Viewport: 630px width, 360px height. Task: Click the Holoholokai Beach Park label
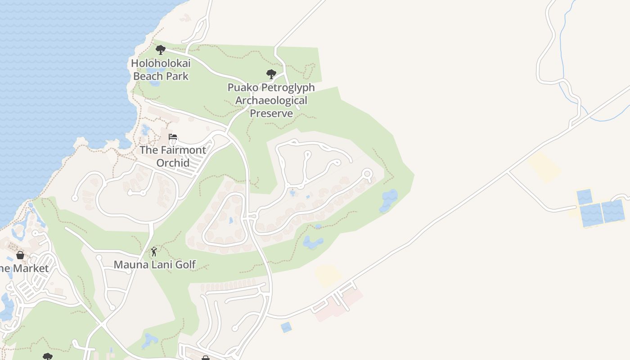point(161,70)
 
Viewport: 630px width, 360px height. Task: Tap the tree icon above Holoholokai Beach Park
point(160,50)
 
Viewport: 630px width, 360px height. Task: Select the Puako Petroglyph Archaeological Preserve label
point(271,100)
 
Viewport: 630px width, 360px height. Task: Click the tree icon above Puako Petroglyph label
point(271,74)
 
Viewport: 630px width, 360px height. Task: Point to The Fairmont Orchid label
point(173,156)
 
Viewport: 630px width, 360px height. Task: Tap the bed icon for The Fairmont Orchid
point(173,137)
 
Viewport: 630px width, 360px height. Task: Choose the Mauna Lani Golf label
point(154,265)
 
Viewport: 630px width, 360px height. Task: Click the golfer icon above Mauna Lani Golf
point(154,252)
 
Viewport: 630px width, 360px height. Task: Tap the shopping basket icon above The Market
point(20,255)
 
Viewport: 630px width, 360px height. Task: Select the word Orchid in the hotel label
point(173,162)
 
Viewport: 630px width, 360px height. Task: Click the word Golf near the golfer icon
point(185,265)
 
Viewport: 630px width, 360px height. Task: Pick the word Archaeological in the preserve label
point(271,100)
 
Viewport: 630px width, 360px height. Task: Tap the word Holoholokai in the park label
point(161,63)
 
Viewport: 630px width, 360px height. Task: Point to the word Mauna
point(130,265)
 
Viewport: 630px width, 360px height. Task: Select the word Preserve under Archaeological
point(271,113)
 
